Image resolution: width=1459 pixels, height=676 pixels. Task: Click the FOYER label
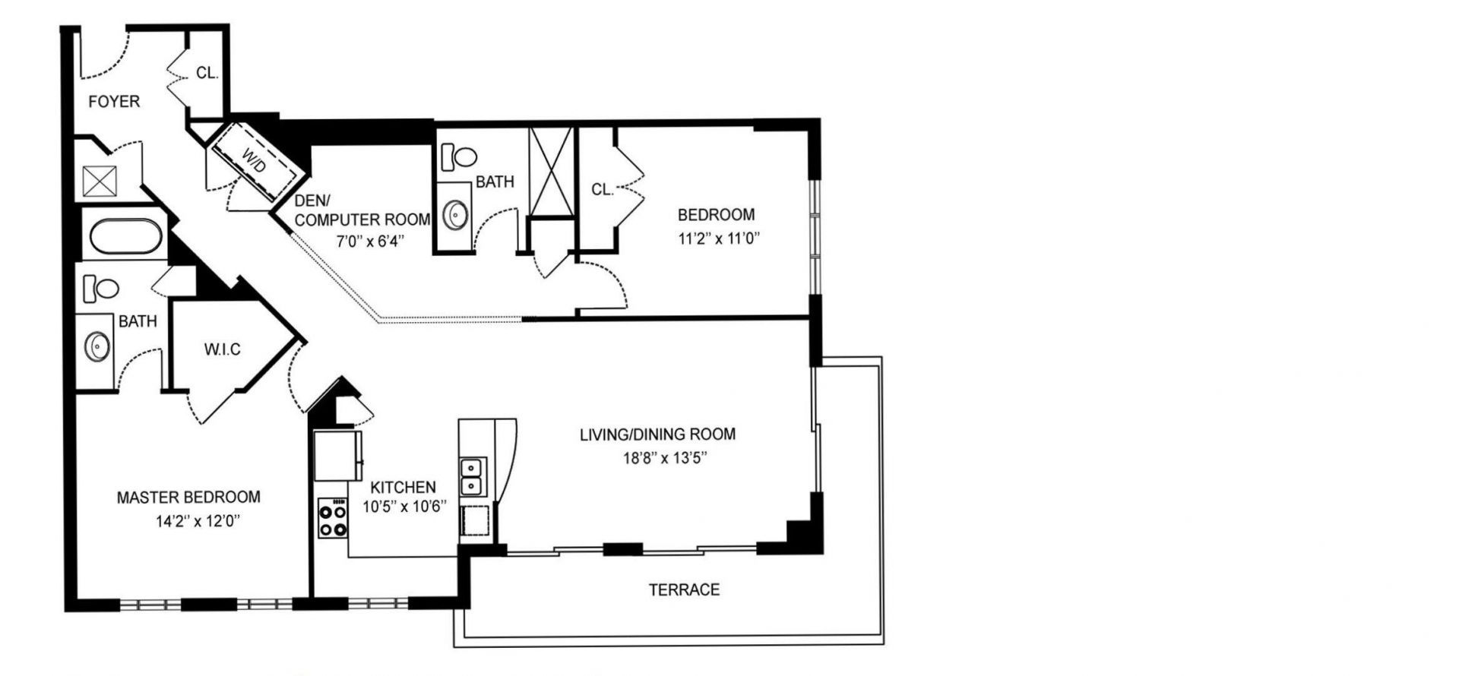pos(114,101)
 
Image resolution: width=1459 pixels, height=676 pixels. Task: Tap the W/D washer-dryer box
pos(255,162)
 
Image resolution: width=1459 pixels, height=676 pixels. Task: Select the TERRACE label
pos(684,589)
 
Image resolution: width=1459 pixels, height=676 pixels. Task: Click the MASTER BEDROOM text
pos(188,498)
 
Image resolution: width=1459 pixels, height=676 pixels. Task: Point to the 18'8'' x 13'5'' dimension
pos(657,458)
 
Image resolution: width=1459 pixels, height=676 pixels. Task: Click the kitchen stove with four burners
pos(332,517)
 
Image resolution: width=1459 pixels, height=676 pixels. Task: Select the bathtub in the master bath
pos(126,235)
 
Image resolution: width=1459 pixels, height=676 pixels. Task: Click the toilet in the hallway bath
pos(458,156)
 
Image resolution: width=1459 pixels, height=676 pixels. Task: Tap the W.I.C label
pos(222,349)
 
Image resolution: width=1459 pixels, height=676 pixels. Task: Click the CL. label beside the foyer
pos(207,73)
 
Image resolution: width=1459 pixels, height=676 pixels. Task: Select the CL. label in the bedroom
pos(603,190)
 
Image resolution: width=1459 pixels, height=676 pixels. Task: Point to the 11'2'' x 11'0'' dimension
pos(719,238)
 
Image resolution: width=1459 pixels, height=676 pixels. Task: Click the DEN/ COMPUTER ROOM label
pos(362,210)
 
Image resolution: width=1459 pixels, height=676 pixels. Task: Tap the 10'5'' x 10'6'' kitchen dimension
pos(404,507)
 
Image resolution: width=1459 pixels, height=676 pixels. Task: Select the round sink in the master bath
pos(97,347)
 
